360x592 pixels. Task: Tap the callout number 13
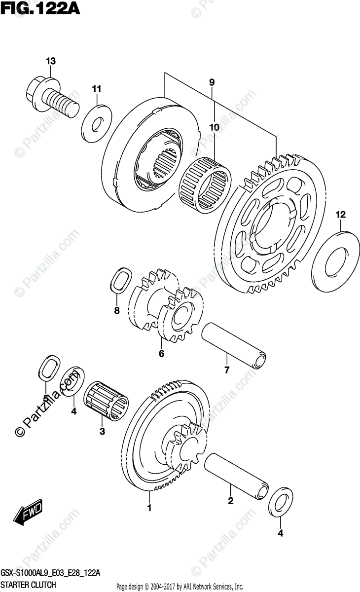tap(51, 61)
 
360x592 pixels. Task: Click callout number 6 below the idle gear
tap(161, 353)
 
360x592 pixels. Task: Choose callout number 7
tap(227, 370)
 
